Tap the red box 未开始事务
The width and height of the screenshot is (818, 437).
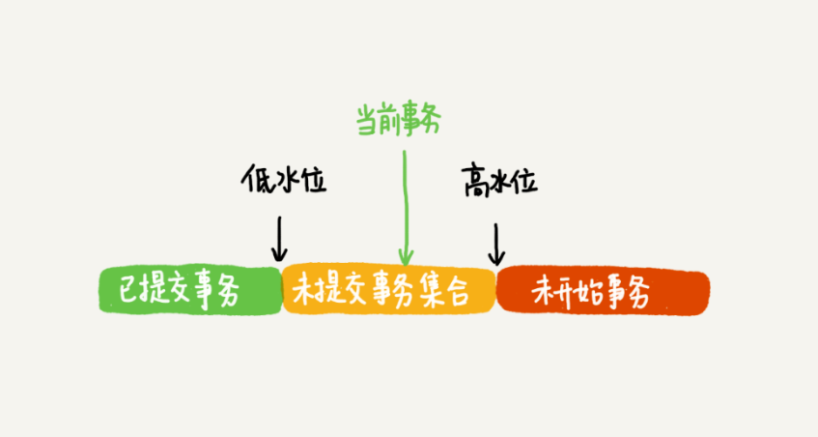click(x=603, y=291)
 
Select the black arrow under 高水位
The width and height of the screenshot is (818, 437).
click(x=496, y=245)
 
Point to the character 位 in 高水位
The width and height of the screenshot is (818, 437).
click(x=526, y=183)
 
